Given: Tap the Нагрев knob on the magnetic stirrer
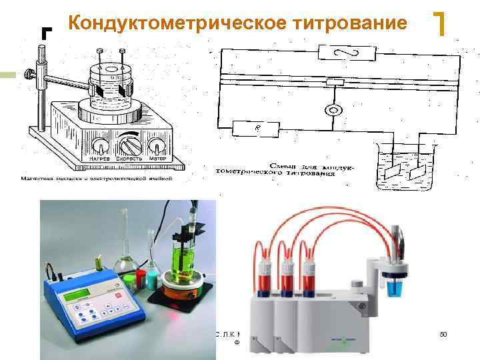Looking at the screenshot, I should point(100,145).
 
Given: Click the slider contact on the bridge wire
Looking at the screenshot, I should point(335,82).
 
